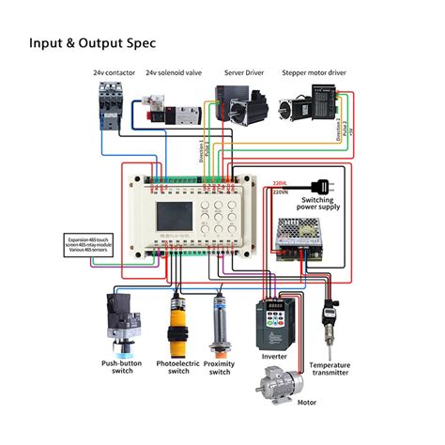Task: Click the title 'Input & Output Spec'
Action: pyautogui.click(x=91, y=42)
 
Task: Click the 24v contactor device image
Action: pyautogui.click(x=111, y=102)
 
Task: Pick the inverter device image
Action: pyautogui.click(x=274, y=320)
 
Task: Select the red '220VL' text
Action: pyautogui.click(x=279, y=183)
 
